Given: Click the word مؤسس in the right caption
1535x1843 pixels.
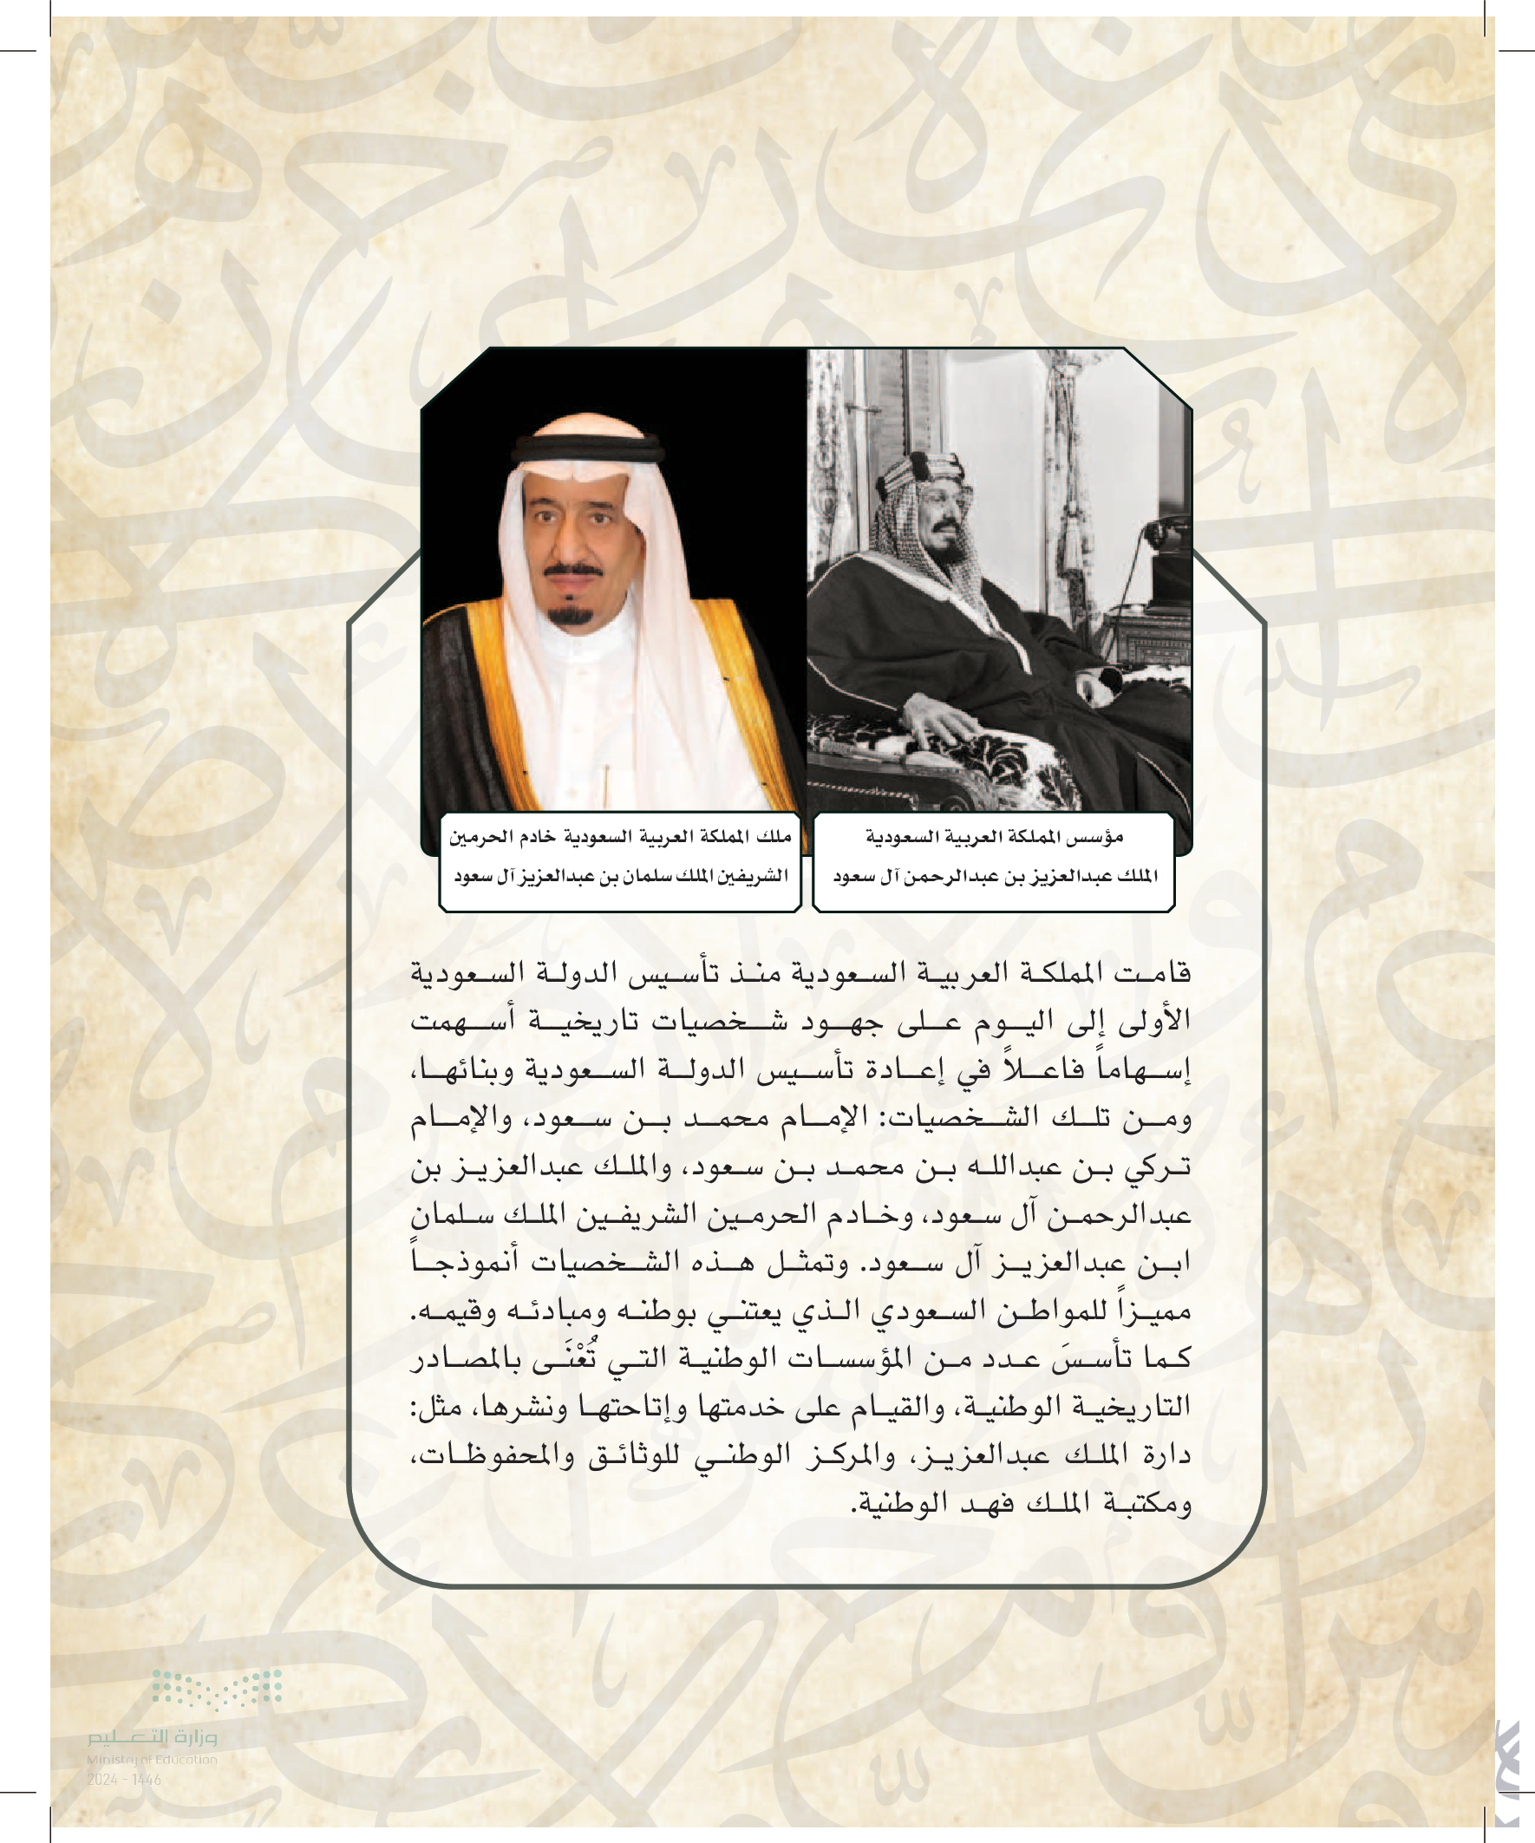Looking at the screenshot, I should [x=1099, y=836].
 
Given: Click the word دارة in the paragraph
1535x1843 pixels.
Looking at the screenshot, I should [x=1167, y=1455].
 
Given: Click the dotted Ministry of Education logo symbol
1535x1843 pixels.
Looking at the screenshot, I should [x=217, y=1689].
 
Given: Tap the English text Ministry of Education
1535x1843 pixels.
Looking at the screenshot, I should [x=152, y=1759].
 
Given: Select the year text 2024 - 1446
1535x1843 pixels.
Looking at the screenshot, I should [x=124, y=1780].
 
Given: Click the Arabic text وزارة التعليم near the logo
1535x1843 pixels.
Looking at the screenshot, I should [x=152, y=1736].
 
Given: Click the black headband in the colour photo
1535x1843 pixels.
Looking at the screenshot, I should [x=588, y=449].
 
